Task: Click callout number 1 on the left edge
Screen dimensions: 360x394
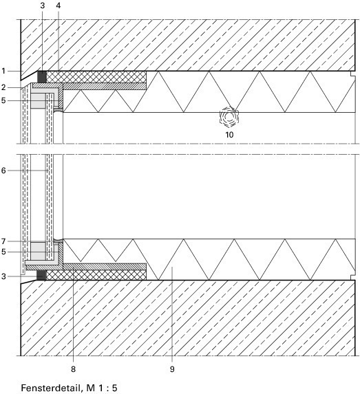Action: tap(3, 71)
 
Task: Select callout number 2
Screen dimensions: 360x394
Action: tap(3, 87)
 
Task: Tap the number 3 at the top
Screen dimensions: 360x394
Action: tap(42, 6)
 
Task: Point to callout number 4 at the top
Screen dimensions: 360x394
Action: tap(59, 6)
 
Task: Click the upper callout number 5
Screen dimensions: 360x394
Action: tap(3, 100)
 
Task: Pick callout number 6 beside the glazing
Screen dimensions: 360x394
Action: tap(3, 171)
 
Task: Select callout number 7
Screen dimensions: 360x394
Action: tap(3, 241)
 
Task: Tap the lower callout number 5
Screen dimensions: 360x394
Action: tap(3, 252)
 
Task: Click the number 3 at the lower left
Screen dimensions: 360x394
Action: tap(3, 276)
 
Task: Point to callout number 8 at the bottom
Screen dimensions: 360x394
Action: tap(73, 369)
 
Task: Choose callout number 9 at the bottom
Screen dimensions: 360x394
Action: tap(172, 369)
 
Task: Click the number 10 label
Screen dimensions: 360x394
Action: tap(229, 135)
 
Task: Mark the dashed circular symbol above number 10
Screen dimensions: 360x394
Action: tap(229, 117)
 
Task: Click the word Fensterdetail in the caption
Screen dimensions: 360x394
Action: tap(52, 388)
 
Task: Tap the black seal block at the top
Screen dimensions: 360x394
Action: tap(42, 76)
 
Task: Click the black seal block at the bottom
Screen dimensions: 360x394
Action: tap(41, 275)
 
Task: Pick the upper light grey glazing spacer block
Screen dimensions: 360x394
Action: tap(38, 101)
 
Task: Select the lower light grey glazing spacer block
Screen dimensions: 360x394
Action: tap(38, 251)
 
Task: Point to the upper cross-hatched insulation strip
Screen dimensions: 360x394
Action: tap(96, 77)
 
